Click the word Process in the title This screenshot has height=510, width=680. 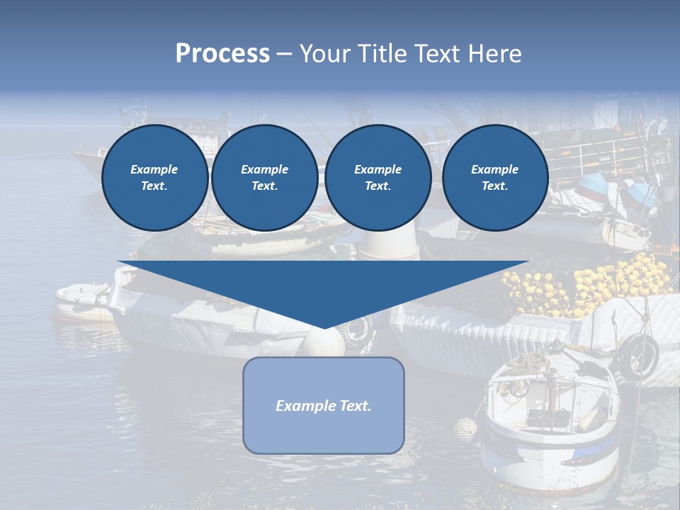[222, 54]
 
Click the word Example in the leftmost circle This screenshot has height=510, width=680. [154, 169]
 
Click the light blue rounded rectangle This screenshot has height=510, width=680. [324, 432]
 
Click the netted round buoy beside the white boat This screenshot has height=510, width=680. [465, 429]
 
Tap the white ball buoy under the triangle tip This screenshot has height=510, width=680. [324, 342]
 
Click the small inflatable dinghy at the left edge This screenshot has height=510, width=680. [81, 301]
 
